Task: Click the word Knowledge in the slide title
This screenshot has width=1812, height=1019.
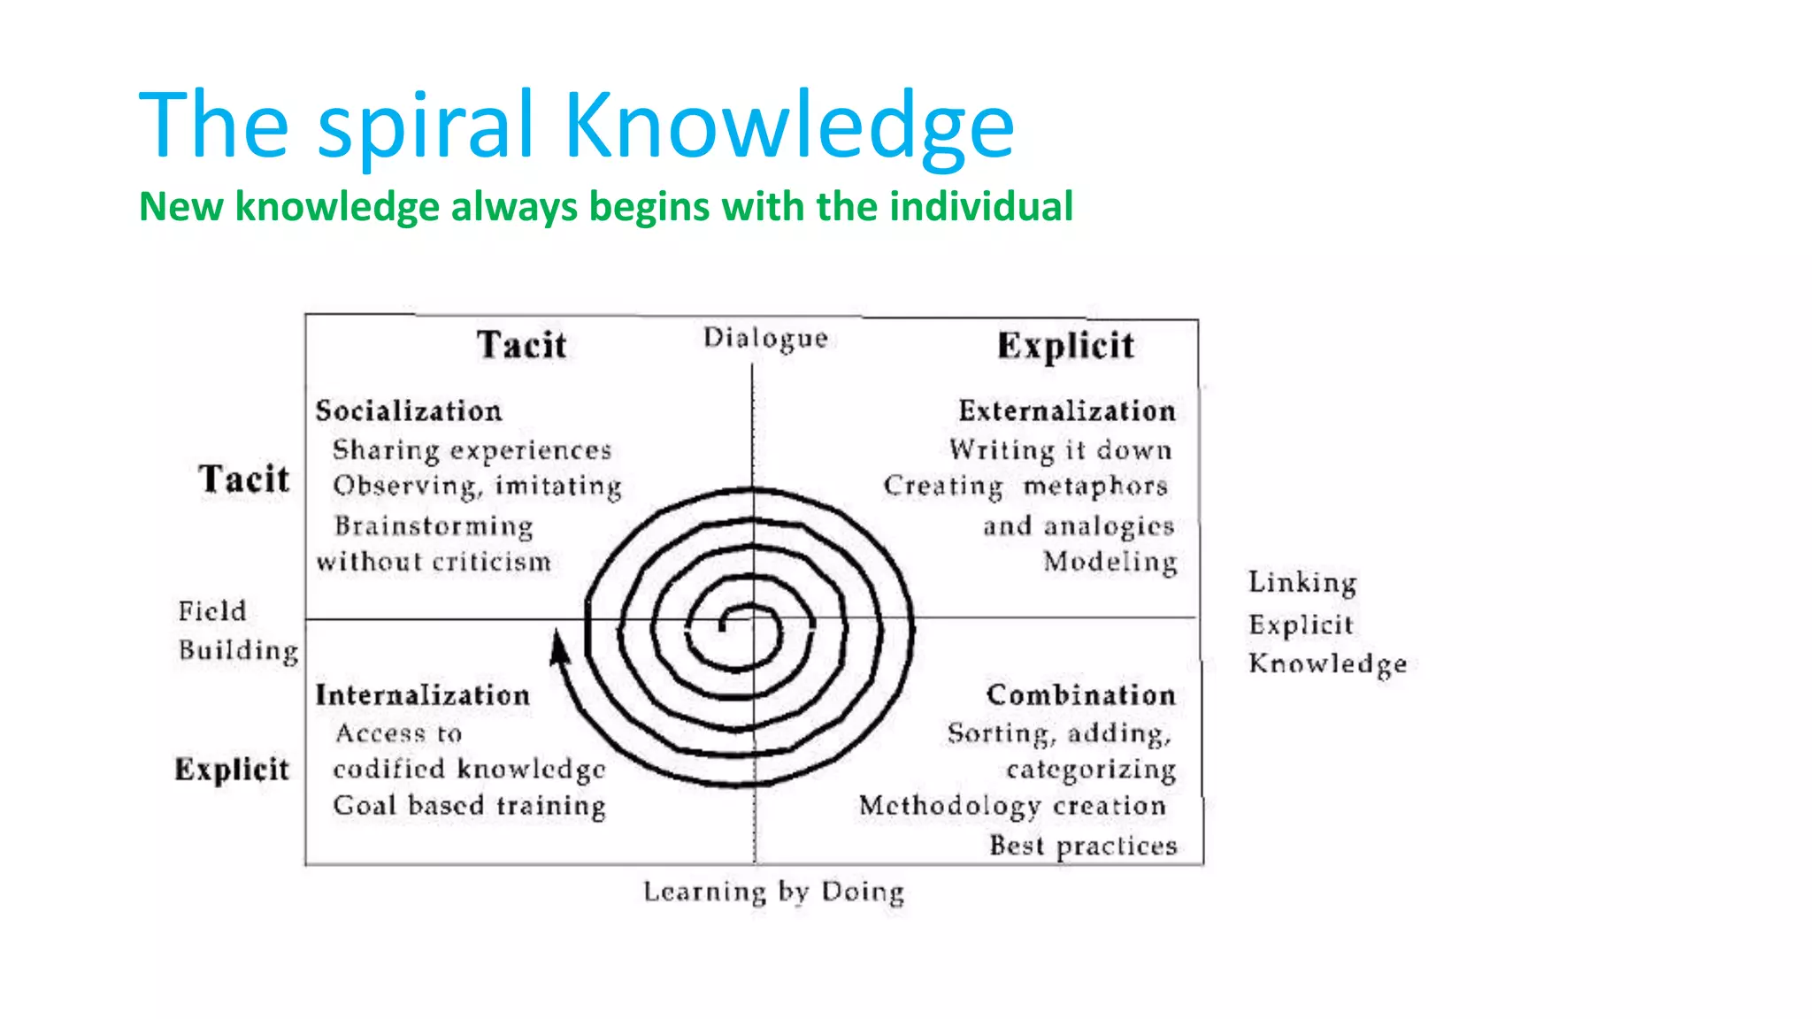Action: pos(788,126)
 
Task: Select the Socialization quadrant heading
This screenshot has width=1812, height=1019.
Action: pos(409,411)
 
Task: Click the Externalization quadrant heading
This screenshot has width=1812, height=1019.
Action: pos(1067,411)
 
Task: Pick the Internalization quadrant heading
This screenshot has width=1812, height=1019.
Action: pos(423,695)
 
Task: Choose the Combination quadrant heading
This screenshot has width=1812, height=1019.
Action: pos(1081,695)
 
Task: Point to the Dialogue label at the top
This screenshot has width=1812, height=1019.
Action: pos(765,338)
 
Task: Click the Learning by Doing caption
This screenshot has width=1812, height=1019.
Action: pos(774,892)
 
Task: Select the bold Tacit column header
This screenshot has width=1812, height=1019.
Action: pos(522,345)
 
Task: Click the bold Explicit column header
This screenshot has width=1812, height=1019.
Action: pos(1065,346)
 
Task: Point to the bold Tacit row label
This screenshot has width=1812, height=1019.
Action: pos(244,479)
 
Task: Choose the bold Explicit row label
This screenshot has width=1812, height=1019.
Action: pos(232,770)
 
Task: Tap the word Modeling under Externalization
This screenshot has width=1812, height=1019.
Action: pos(1110,562)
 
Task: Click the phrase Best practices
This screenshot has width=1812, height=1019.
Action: pos(1083,847)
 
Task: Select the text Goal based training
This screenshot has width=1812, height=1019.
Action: pos(470,806)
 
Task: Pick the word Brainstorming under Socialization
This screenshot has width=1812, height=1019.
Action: pos(434,526)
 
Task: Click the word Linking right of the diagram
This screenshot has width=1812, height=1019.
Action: pos(1302,583)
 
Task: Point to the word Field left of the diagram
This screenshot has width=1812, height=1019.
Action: pos(212,611)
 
